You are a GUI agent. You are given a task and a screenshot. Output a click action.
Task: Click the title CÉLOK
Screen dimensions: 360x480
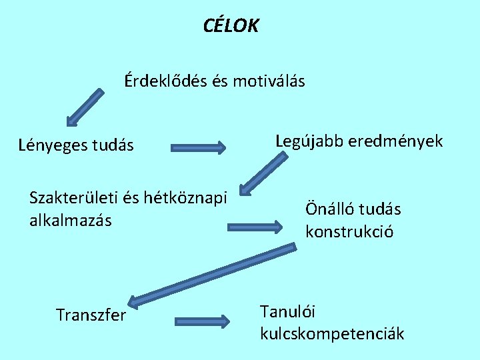tap(231, 27)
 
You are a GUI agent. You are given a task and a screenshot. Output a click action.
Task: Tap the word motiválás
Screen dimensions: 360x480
tap(267, 81)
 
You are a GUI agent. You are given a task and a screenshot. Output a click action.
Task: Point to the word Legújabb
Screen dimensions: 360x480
tap(308, 141)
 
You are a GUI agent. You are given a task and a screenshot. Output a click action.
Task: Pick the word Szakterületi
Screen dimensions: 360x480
tap(71, 198)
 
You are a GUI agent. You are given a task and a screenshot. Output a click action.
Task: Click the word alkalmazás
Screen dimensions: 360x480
tap(70, 220)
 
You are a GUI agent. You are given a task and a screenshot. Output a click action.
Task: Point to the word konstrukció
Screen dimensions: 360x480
tap(349, 232)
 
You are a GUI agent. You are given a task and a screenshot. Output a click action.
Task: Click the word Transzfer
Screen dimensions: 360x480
tap(91, 315)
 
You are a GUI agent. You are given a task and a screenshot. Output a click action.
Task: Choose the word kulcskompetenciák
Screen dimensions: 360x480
tap(331, 333)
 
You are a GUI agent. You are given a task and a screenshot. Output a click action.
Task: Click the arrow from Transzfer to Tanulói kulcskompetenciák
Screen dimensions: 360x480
tap(201, 321)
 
